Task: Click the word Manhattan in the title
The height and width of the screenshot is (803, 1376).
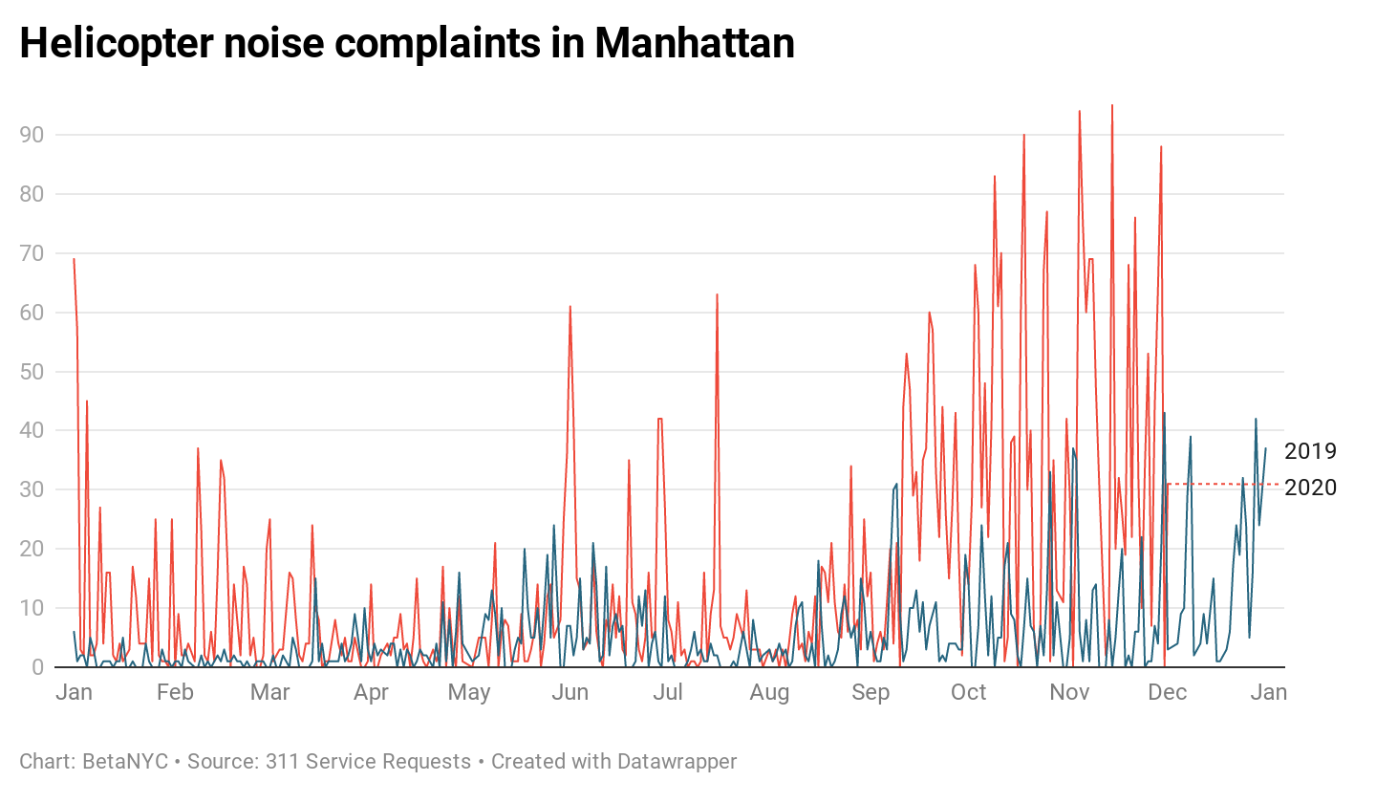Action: pyautogui.click(x=694, y=43)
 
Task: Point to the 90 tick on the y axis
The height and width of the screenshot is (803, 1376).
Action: pyautogui.click(x=32, y=135)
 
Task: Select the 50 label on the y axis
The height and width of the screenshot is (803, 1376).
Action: pyautogui.click(x=32, y=371)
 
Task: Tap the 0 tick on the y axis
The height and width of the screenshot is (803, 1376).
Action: pyautogui.click(x=37, y=666)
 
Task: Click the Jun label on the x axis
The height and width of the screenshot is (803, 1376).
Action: pyautogui.click(x=570, y=692)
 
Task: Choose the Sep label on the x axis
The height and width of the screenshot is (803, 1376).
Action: pyautogui.click(x=870, y=692)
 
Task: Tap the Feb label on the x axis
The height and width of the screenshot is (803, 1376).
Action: pyautogui.click(x=175, y=692)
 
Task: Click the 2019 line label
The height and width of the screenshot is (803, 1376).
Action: pyautogui.click(x=1310, y=451)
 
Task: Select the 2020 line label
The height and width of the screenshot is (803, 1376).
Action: pyautogui.click(x=1310, y=488)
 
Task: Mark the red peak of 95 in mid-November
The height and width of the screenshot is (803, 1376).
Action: pyautogui.click(x=1111, y=106)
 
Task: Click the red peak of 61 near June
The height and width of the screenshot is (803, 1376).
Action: pyautogui.click(x=570, y=307)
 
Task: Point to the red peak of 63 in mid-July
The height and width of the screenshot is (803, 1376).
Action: pyautogui.click(x=717, y=295)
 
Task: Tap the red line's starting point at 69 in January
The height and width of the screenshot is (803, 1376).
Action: pyautogui.click(x=74, y=259)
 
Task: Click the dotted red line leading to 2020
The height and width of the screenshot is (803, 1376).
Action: pyautogui.click(x=1223, y=484)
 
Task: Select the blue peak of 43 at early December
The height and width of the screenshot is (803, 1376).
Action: pyautogui.click(x=1164, y=413)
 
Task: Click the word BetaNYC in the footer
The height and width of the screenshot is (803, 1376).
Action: pyautogui.click(x=125, y=762)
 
